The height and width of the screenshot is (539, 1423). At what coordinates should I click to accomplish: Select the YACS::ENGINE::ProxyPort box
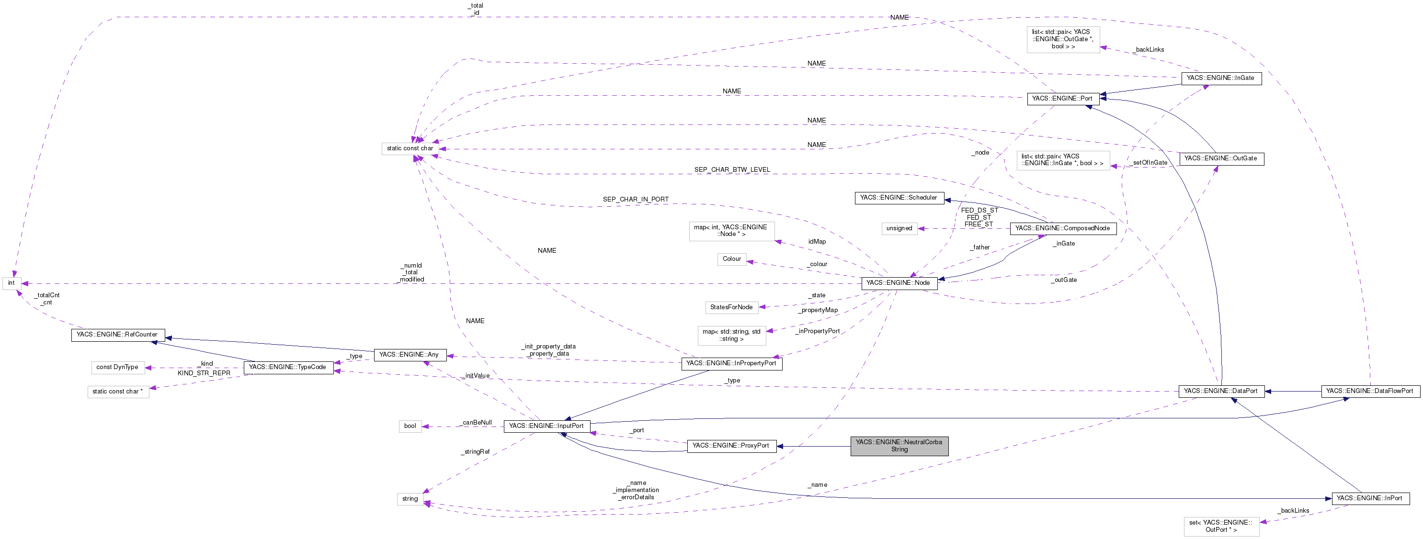coord(731,446)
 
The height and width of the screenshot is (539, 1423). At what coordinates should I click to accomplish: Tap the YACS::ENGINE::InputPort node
coord(546,426)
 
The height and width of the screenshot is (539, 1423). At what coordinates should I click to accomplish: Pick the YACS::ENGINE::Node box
coord(898,283)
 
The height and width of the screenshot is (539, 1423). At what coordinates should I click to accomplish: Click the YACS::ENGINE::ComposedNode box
coord(1062,228)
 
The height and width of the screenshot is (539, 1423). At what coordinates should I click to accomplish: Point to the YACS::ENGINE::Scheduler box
coord(899,198)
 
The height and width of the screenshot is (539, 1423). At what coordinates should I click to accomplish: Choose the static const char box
coord(410,148)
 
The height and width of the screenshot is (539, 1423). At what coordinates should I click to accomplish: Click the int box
coord(11,283)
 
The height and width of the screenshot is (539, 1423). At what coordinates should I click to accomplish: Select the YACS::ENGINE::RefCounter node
coord(117,335)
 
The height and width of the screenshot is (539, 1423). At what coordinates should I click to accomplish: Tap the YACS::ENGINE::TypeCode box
coord(288,367)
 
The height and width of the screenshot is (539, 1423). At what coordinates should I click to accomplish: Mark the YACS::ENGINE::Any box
coord(410,355)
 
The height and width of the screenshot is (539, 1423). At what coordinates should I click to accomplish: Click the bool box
coord(410,426)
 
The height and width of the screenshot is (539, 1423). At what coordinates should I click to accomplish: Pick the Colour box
coord(731,259)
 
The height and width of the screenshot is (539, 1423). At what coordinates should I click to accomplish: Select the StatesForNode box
coord(731,307)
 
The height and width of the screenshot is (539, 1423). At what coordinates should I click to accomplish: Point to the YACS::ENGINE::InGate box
coord(1220,78)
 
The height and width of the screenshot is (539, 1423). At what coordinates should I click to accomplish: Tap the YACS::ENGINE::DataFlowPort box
coord(1369,391)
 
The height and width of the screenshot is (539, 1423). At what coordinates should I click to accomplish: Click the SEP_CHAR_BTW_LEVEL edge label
coord(731,169)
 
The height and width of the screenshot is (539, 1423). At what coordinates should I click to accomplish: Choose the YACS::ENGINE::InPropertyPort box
coord(731,363)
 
